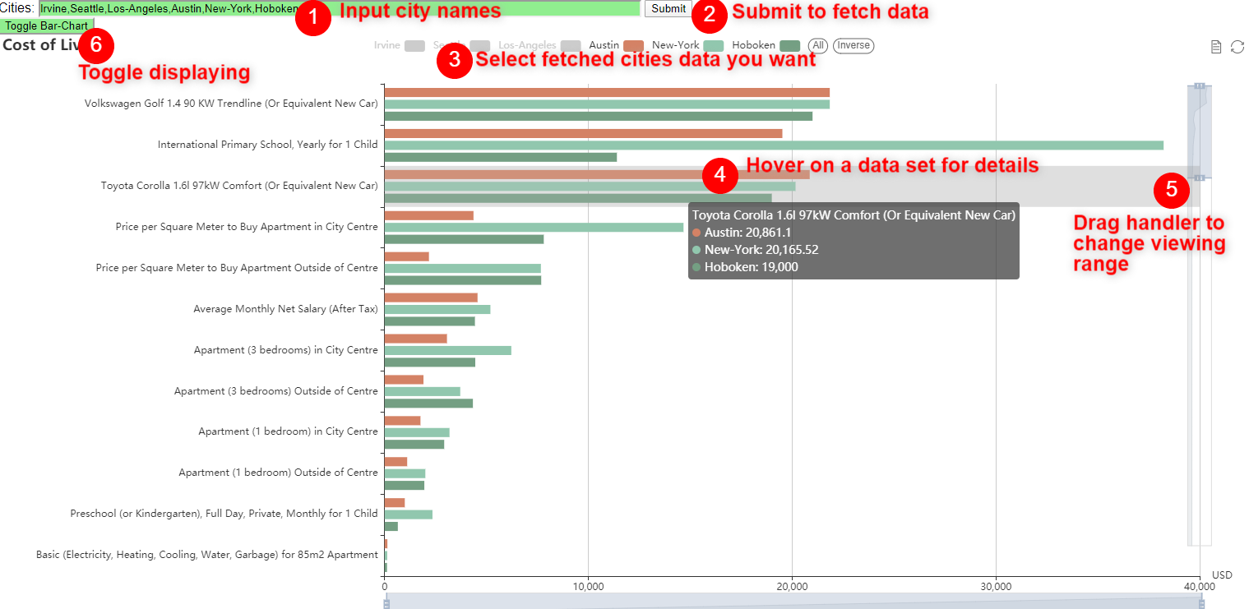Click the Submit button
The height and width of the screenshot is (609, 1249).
[x=668, y=9]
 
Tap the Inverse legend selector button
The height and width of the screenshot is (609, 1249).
[x=853, y=45]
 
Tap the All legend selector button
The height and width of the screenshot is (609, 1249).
[x=817, y=45]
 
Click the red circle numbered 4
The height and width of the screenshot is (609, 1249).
[x=720, y=175]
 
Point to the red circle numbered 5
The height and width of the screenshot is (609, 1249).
[x=1171, y=191]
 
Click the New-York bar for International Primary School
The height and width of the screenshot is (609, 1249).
[x=773, y=145]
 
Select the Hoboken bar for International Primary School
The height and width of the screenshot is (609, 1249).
[x=500, y=157]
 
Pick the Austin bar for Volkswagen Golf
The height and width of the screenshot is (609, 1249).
[x=606, y=92]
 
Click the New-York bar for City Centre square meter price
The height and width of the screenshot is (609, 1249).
[x=534, y=227]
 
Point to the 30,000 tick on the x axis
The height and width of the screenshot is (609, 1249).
[x=996, y=586]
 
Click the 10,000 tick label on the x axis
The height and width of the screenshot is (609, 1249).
[x=588, y=586]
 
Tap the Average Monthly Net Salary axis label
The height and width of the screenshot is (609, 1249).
[x=285, y=309]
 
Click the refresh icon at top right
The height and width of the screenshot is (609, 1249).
[x=1237, y=47]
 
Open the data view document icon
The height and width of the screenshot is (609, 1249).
[x=1216, y=47]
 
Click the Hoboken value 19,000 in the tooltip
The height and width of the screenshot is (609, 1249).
[x=751, y=267]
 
